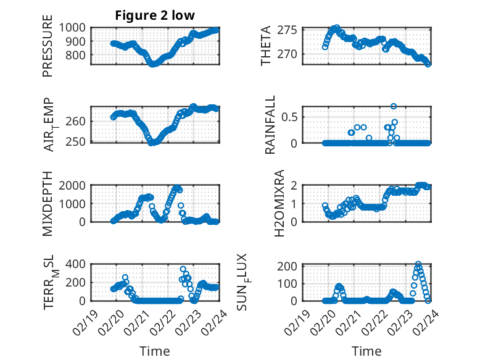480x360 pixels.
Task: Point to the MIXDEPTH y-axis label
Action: (x=48, y=203)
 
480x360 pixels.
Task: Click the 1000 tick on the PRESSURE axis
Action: (x=75, y=28)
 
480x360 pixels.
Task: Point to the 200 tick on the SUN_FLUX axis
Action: (x=291, y=266)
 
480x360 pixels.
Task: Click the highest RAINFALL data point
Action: (x=394, y=106)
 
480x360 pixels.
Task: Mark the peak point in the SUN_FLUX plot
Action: (x=418, y=264)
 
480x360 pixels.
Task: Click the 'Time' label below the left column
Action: (x=155, y=351)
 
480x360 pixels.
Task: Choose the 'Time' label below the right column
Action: (x=366, y=351)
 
